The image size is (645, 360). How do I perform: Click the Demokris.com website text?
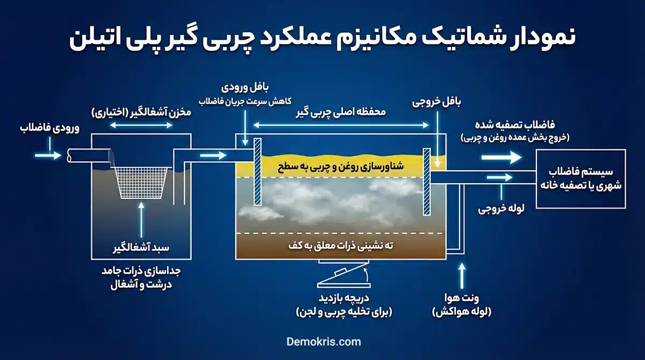322,342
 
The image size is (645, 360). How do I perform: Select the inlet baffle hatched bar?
257,173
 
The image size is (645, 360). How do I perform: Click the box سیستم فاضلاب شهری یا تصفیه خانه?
580,179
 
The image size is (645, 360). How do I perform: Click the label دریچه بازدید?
342,299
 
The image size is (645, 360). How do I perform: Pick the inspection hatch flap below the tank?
342,277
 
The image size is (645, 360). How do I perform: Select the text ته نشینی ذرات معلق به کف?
340,246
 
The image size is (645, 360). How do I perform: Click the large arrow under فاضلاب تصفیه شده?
501,157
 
